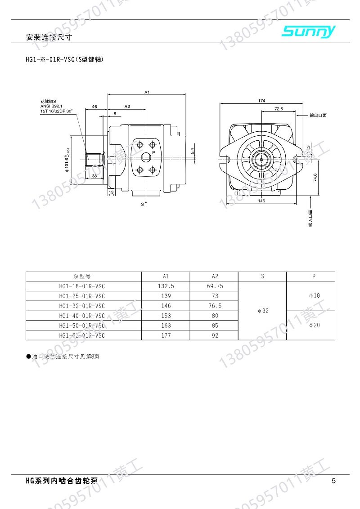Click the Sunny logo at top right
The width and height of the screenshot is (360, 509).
point(309,31)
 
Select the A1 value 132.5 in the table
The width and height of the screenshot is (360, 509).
point(166,286)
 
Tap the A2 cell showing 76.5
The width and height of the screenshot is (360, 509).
point(214,306)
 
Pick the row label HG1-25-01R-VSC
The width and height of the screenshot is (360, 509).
point(82,296)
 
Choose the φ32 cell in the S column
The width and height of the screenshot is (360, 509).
point(262,311)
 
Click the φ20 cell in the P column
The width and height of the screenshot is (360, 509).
point(314,325)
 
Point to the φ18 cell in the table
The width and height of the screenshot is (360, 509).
point(314,295)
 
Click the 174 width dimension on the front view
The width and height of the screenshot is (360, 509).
point(261,101)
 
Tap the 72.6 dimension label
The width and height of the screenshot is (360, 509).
point(278,109)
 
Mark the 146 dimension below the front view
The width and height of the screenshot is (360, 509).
point(261,201)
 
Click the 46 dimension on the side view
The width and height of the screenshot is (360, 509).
point(94,107)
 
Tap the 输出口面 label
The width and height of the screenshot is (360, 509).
point(318,116)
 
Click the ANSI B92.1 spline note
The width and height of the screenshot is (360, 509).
point(51,106)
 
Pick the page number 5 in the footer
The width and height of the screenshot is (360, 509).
point(333,481)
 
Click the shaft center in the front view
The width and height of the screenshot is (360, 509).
point(261,158)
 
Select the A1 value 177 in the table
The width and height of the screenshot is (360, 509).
point(166,335)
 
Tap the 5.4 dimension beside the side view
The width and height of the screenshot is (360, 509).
point(192,151)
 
